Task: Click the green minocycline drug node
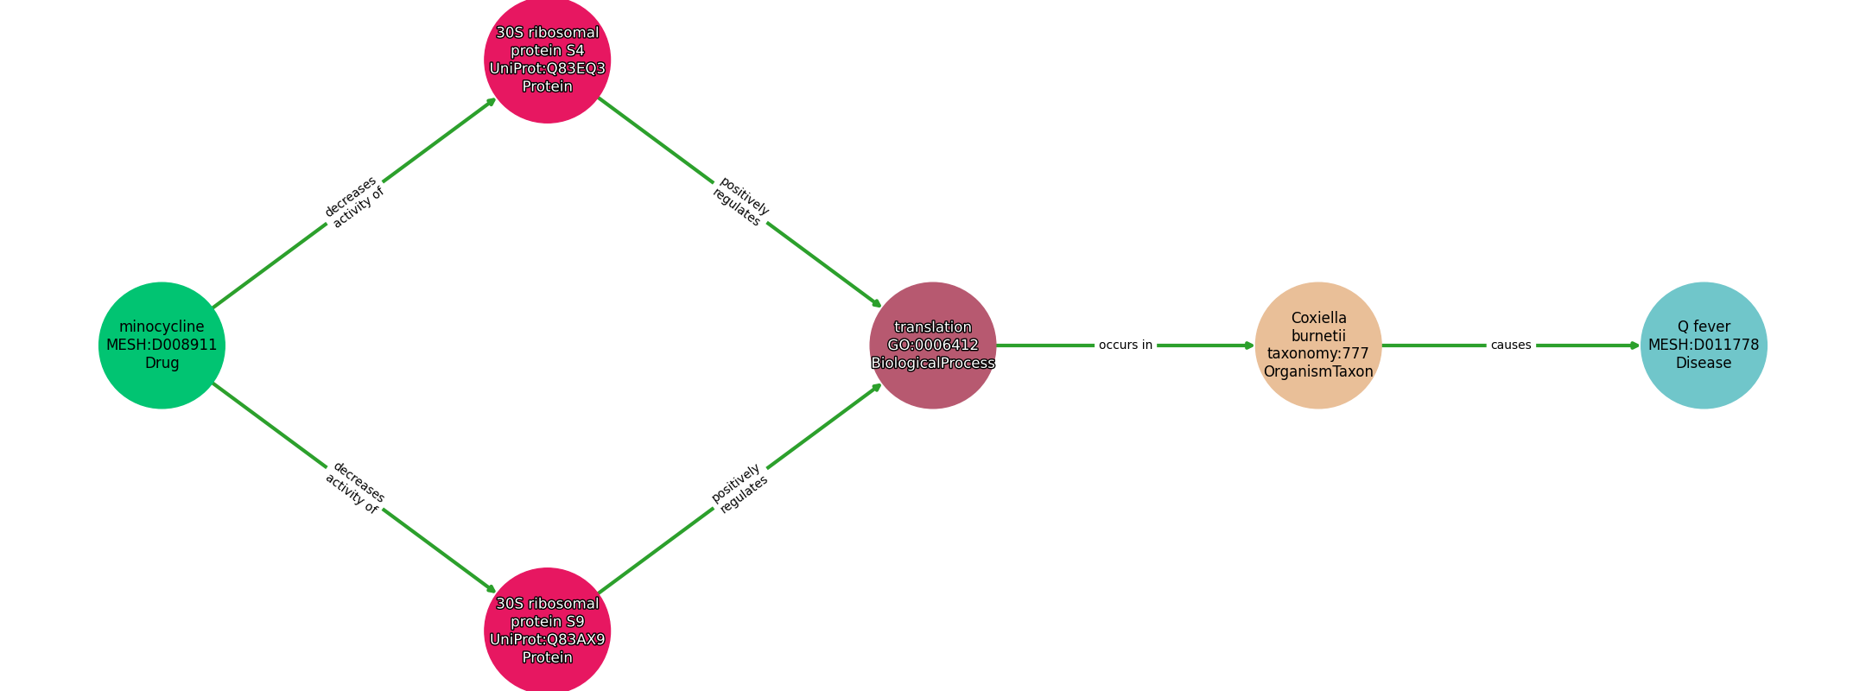point(162,345)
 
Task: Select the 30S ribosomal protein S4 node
point(548,60)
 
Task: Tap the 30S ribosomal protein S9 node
point(548,631)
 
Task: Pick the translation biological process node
point(933,345)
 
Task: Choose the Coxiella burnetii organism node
point(1318,345)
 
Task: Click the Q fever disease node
point(1704,345)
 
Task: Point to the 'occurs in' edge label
point(1126,345)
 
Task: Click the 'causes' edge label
point(1511,345)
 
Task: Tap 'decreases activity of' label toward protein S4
point(354,202)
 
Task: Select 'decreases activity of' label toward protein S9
point(354,488)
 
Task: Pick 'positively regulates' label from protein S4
point(740,202)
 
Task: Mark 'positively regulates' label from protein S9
point(740,488)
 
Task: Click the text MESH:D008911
point(162,345)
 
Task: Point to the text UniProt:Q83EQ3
point(548,69)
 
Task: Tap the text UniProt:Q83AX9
point(548,640)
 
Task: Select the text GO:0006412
point(933,345)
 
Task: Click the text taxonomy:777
point(1318,354)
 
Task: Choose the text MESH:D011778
point(1704,345)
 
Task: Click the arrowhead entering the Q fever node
point(1634,345)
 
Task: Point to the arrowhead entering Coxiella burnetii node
point(1249,345)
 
